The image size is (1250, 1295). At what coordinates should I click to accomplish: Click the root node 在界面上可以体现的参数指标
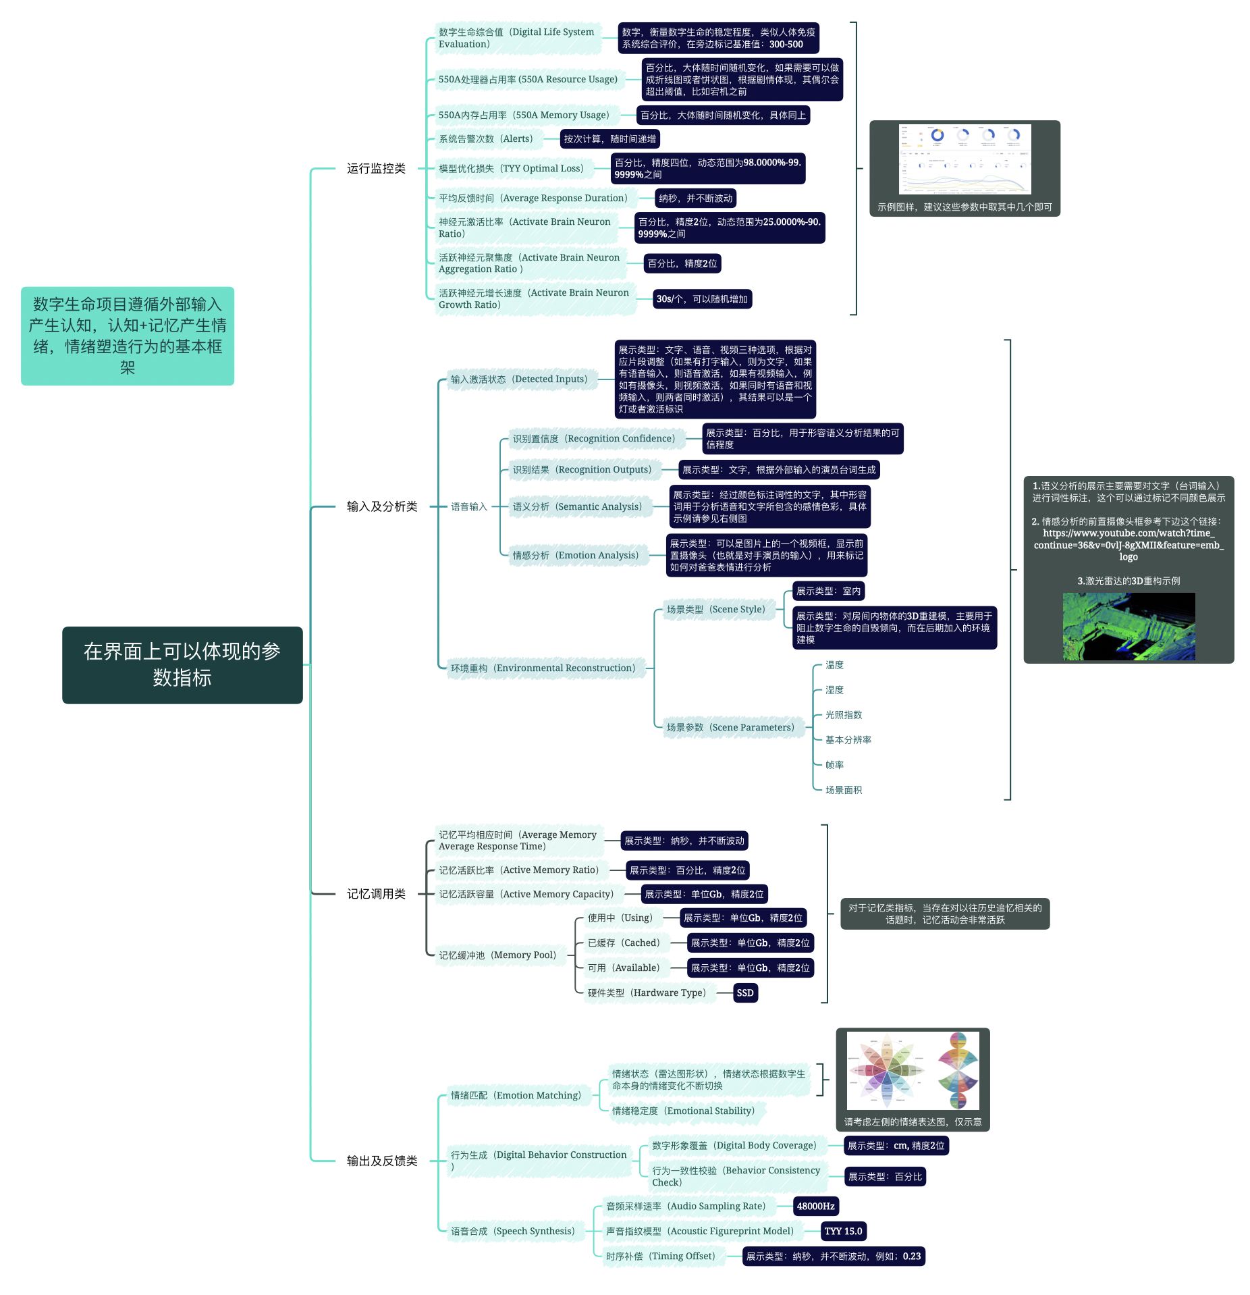click(182, 664)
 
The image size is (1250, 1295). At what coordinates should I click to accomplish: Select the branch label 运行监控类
click(376, 168)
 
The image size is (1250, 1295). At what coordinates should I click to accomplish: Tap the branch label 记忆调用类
click(376, 893)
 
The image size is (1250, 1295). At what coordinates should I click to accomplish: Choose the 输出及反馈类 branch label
click(382, 1160)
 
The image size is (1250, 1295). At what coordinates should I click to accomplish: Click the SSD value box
click(745, 993)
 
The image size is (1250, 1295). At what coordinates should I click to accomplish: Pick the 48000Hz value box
click(815, 1206)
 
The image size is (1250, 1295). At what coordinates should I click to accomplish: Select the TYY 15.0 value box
click(843, 1231)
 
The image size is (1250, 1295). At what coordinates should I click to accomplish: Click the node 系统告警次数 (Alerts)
click(486, 138)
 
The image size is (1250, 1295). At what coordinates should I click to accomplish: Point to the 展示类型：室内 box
click(828, 591)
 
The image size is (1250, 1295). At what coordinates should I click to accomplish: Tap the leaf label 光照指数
click(844, 714)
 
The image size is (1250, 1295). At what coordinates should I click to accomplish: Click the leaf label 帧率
click(835, 764)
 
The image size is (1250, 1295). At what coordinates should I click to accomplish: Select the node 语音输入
click(468, 506)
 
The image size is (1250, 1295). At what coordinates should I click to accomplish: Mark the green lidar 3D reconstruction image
click(1129, 626)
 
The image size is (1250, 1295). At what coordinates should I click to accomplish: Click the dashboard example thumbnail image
click(964, 159)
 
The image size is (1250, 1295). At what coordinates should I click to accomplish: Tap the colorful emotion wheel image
click(913, 1070)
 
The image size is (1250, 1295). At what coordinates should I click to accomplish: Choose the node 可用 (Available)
click(624, 968)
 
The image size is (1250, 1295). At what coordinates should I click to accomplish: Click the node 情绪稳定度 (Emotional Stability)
click(683, 1111)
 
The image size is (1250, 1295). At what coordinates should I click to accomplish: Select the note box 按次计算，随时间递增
click(609, 138)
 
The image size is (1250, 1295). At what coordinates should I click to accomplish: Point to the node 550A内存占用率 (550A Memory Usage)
click(524, 115)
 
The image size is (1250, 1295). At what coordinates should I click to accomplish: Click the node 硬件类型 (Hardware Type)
click(647, 993)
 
